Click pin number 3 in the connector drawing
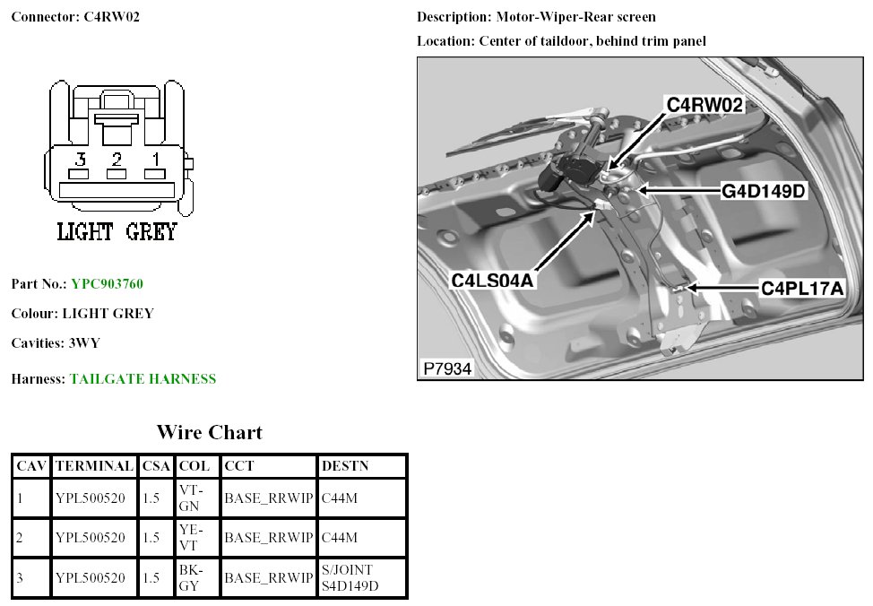click(x=80, y=160)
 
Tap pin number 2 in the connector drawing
click(x=117, y=160)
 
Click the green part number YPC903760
click(x=107, y=284)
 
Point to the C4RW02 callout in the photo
click(x=705, y=106)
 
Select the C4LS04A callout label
click(x=492, y=280)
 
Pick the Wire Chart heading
click(x=210, y=433)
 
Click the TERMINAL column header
click(x=94, y=466)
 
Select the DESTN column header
click(x=345, y=466)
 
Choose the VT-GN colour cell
click(x=193, y=498)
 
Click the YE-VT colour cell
click(x=193, y=538)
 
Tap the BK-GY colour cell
click(x=193, y=578)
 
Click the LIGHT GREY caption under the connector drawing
click(x=117, y=231)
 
